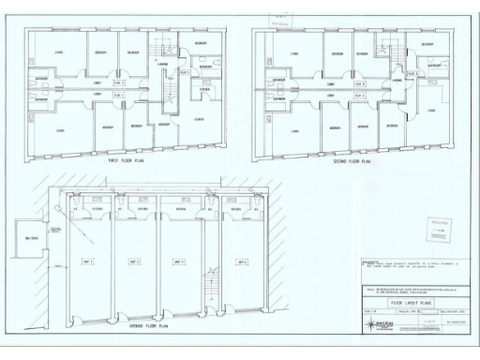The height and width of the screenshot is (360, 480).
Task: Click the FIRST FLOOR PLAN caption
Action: point(125,161)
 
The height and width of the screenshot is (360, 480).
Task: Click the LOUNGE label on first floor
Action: point(200,120)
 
